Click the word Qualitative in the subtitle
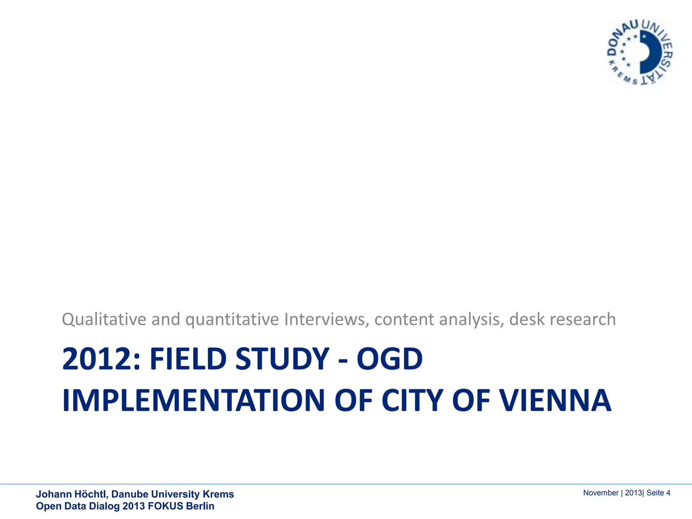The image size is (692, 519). (x=104, y=319)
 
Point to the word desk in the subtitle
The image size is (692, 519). (x=527, y=319)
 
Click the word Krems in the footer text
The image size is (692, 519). (x=218, y=494)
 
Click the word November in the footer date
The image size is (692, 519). (x=600, y=493)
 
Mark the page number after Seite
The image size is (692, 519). (x=668, y=493)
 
